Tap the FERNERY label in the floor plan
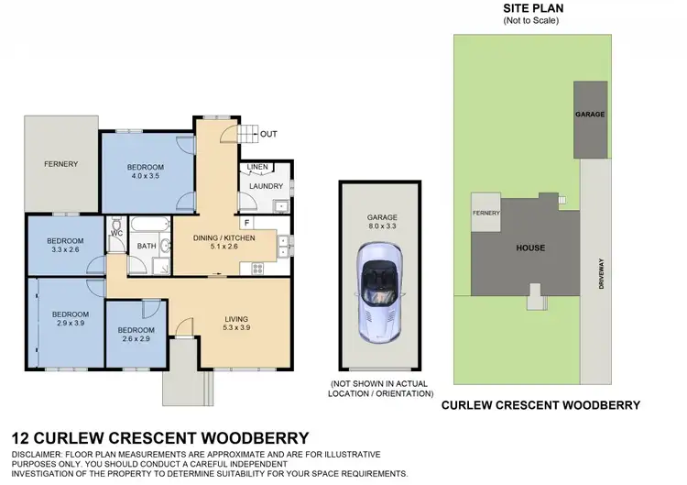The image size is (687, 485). (x=61, y=164)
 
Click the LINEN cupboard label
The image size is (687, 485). (x=257, y=167)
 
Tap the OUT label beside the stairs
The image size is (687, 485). (x=268, y=135)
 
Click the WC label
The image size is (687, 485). (x=115, y=233)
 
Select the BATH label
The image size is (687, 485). (x=147, y=246)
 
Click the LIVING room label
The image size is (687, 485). (x=237, y=319)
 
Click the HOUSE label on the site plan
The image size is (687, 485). (x=529, y=248)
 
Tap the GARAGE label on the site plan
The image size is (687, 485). (x=589, y=115)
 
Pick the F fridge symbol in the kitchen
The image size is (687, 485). (x=246, y=223)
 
